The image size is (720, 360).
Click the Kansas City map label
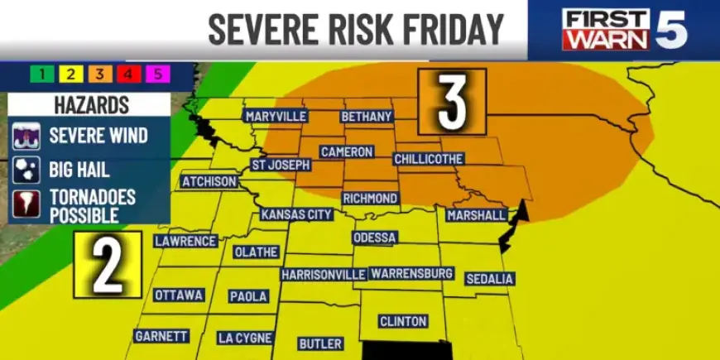click(x=296, y=214)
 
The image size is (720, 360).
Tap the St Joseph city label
click(x=281, y=165)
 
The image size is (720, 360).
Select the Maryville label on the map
click(x=276, y=116)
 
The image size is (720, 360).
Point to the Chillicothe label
click(x=429, y=158)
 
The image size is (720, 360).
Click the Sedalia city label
click(x=489, y=279)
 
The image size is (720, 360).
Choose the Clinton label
click(x=402, y=321)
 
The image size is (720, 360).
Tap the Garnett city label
click(x=162, y=336)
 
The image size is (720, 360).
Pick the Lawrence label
click(x=186, y=241)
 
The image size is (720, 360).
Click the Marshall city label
click(x=476, y=215)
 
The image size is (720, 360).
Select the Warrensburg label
click(x=411, y=273)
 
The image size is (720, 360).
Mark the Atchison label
click(x=209, y=181)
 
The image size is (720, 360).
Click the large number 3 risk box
click(x=452, y=101)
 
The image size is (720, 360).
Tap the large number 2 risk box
click(x=108, y=264)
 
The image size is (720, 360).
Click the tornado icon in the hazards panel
click(x=25, y=205)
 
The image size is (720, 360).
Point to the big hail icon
click(x=25, y=170)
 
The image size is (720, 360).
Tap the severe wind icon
click(x=25, y=135)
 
